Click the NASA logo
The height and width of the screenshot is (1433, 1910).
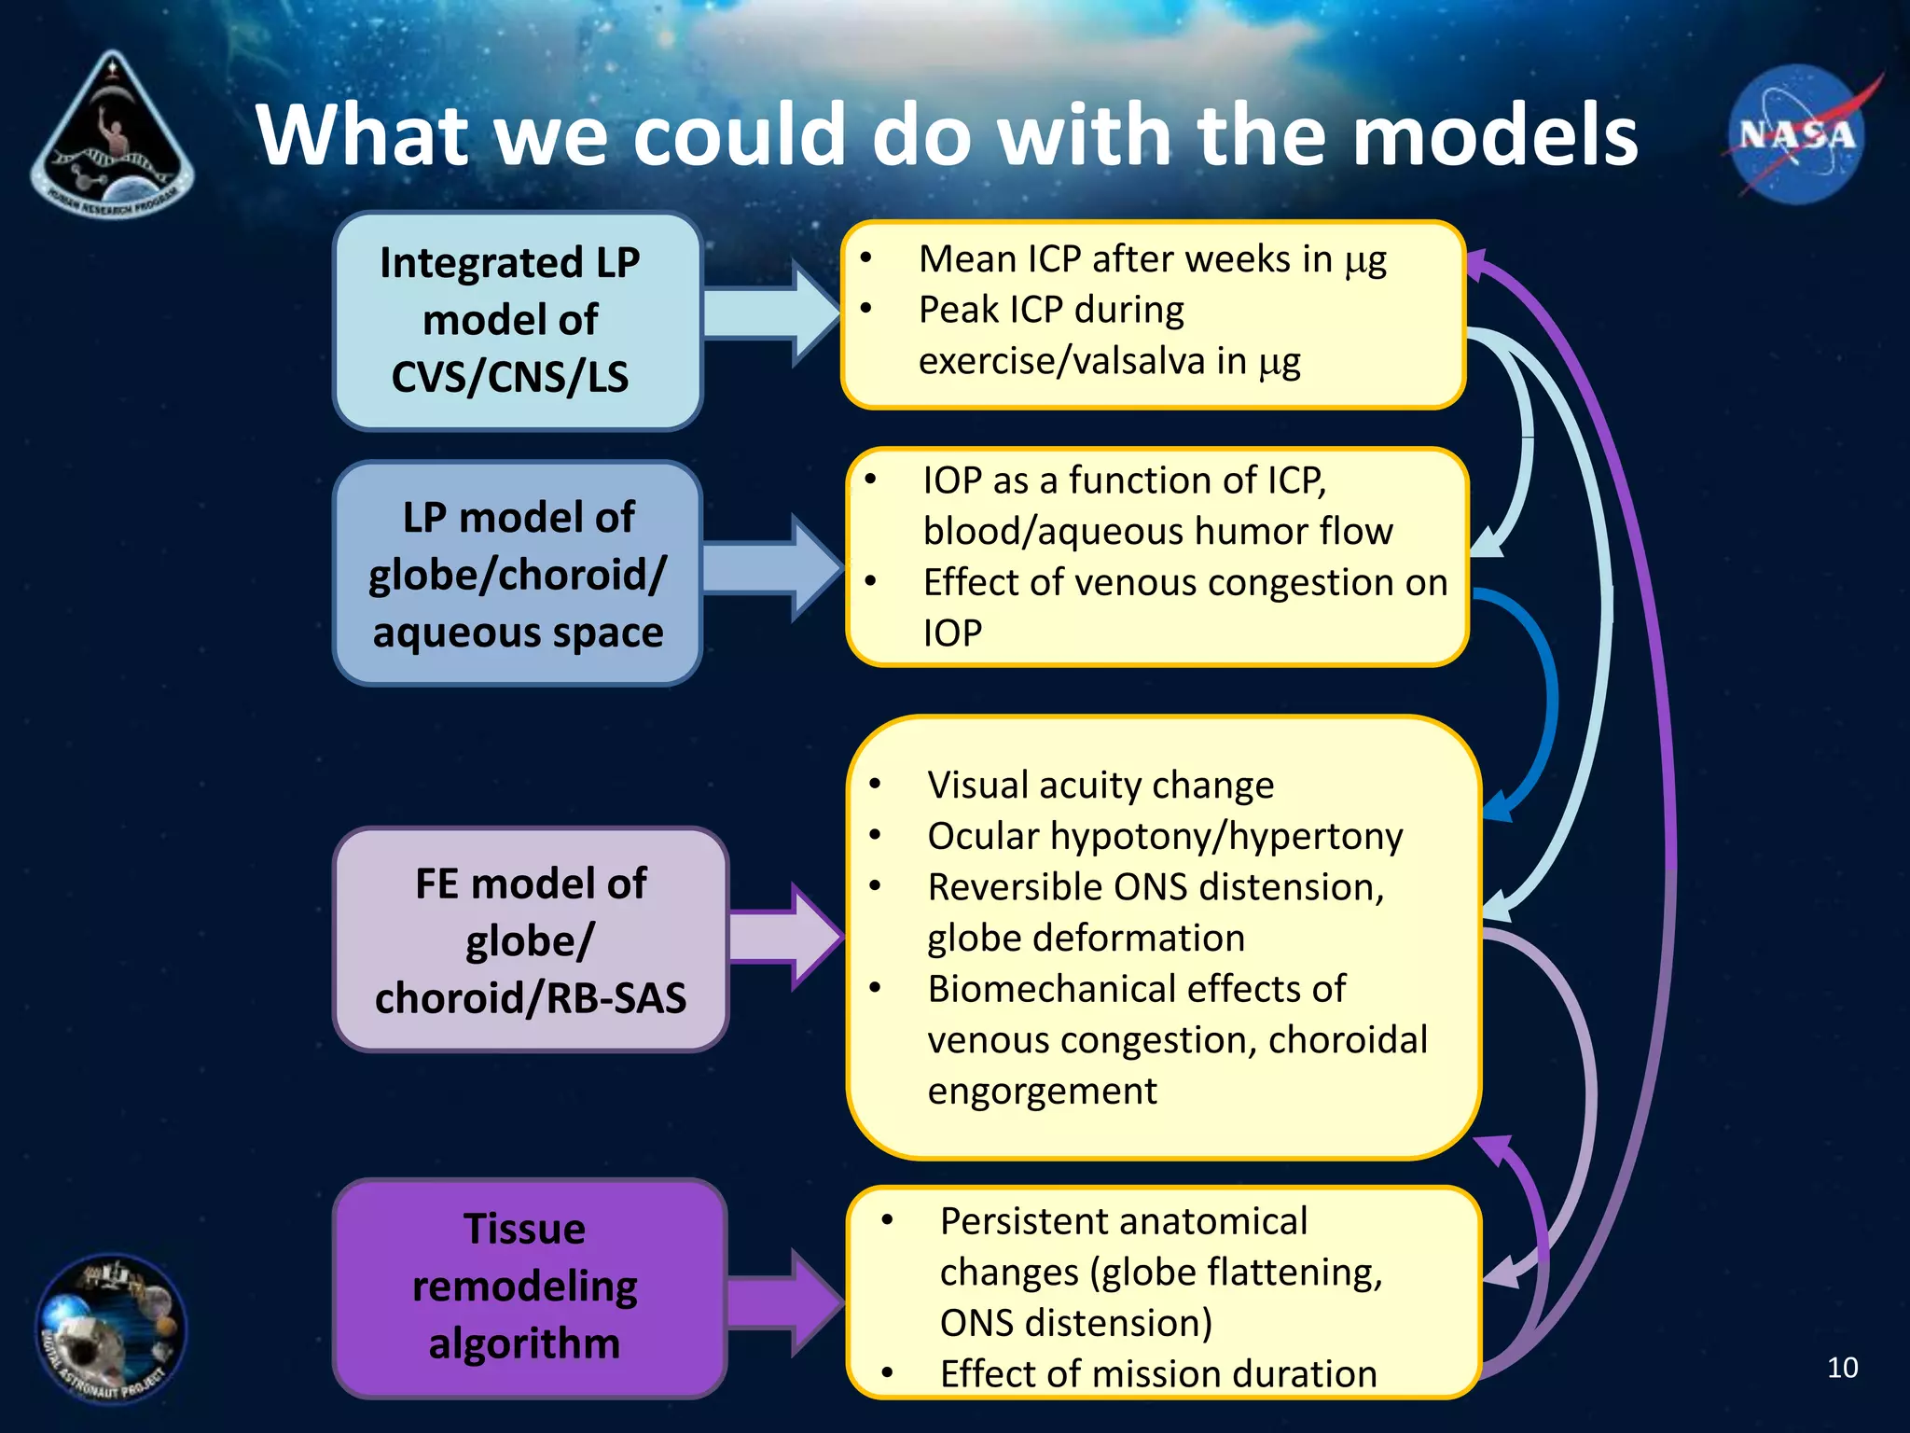[x=1796, y=136]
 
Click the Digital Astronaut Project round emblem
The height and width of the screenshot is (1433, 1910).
[x=110, y=1329]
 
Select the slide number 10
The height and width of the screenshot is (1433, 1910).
[x=1842, y=1368]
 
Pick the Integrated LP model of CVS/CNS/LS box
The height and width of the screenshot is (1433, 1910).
[x=517, y=321]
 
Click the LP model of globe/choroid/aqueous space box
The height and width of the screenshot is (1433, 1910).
[x=517, y=574]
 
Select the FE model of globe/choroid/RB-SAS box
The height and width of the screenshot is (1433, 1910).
[x=530, y=939]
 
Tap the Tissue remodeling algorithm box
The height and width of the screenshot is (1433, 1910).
[x=528, y=1287]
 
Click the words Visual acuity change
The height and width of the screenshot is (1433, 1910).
[x=1100, y=786]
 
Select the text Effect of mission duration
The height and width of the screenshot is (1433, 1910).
[x=1158, y=1374]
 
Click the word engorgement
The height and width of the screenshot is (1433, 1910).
[x=1042, y=1092]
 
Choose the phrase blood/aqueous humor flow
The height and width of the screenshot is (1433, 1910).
[x=1157, y=532]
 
